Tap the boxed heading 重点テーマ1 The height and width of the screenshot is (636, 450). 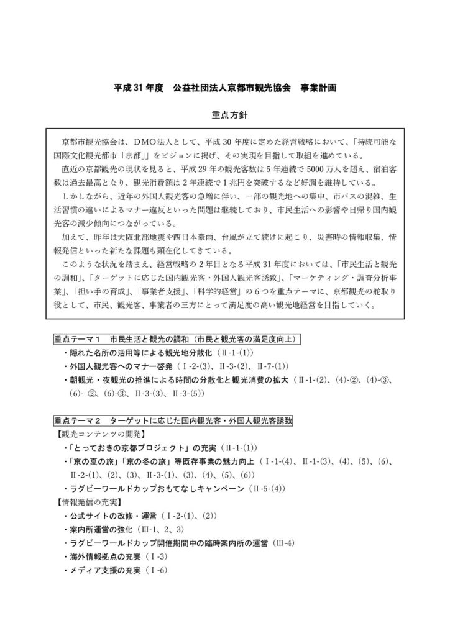[x=79, y=339]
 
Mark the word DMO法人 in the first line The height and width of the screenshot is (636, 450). [x=160, y=142]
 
